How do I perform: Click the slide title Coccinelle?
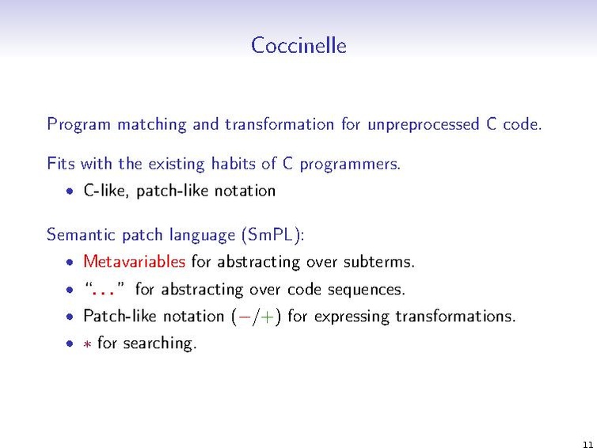click(x=298, y=45)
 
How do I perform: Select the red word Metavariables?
click(x=135, y=261)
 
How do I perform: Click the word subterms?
click(x=380, y=261)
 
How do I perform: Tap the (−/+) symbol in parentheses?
click(x=257, y=317)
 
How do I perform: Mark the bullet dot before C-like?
click(x=70, y=192)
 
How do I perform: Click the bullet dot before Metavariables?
click(x=70, y=262)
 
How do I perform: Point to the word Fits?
click(x=60, y=164)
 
